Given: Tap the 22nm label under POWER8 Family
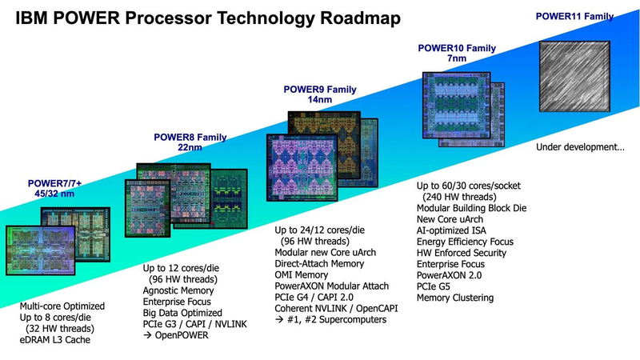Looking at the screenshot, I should [x=189, y=148].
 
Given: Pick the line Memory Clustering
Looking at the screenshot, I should [x=455, y=298].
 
